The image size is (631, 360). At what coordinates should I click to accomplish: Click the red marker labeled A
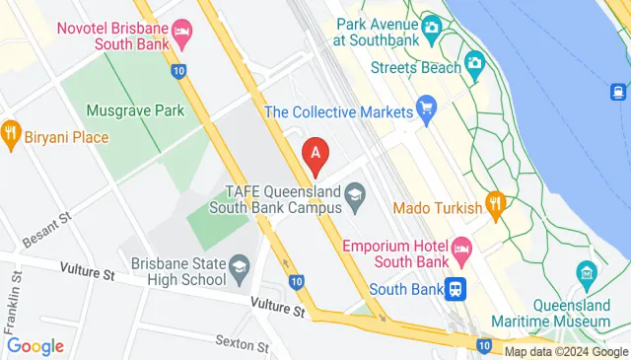tap(315, 153)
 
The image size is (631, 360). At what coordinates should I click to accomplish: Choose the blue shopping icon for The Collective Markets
tap(426, 106)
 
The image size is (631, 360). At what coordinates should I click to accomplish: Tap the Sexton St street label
tap(242, 345)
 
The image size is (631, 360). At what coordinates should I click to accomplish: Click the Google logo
tap(35, 346)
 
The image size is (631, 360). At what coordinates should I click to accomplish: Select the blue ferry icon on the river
tap(618, 93)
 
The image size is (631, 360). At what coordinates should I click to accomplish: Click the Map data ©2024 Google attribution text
tap(566, 352)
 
